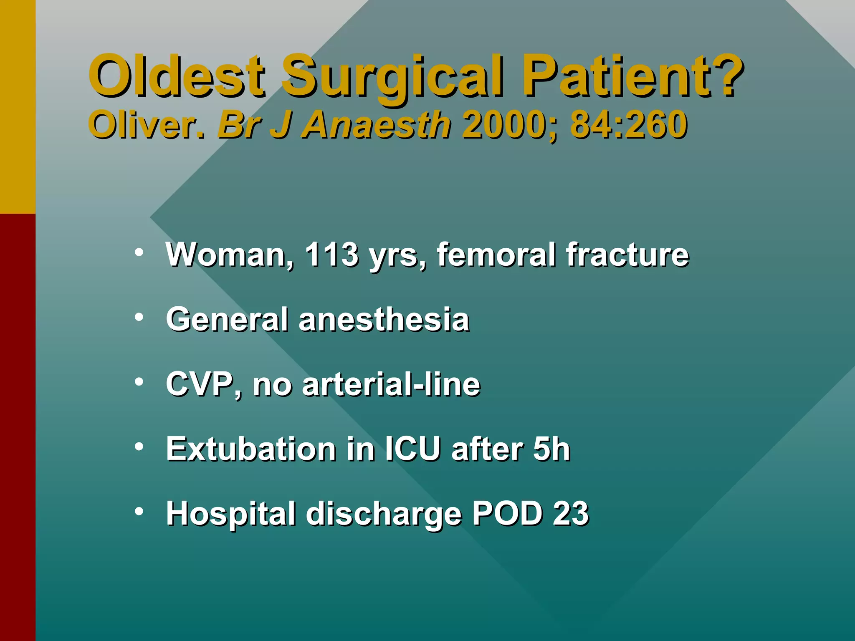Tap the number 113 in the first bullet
(x=331, y=254)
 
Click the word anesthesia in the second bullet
(x=384, y=320)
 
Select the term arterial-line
(x=391, y=384)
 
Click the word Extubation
(x=251, y=449)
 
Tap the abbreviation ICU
(x=412, y=449)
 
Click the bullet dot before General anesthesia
(x=139, y=317)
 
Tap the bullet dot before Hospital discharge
(x=139, y=511)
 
